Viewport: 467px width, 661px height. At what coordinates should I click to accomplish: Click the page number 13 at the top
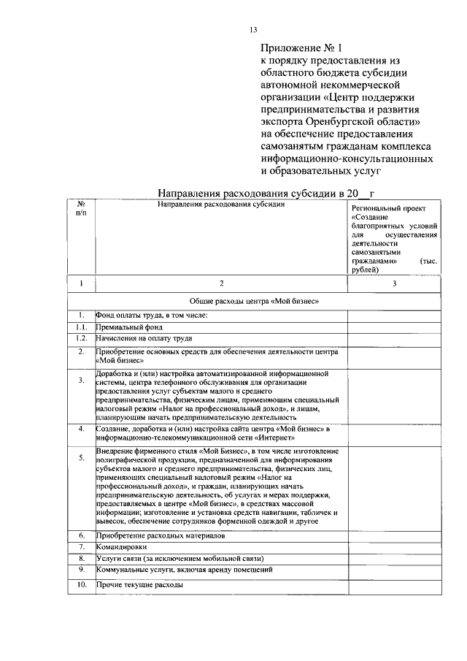pyautogui.click(x=253, y=30)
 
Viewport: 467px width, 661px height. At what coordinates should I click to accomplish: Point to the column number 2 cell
pyautogui.click(x=221, y=283)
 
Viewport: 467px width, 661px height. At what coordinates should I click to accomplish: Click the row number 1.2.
pyautogui.click(x=81, y=338)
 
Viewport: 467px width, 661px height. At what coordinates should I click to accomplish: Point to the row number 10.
pyautogui.click(x=81, y=585)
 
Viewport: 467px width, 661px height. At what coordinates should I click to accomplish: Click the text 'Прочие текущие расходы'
pyautogui.click(x=139, y=585)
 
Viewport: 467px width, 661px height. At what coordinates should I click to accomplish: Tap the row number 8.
pyautogui.click(x=81, y=558)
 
